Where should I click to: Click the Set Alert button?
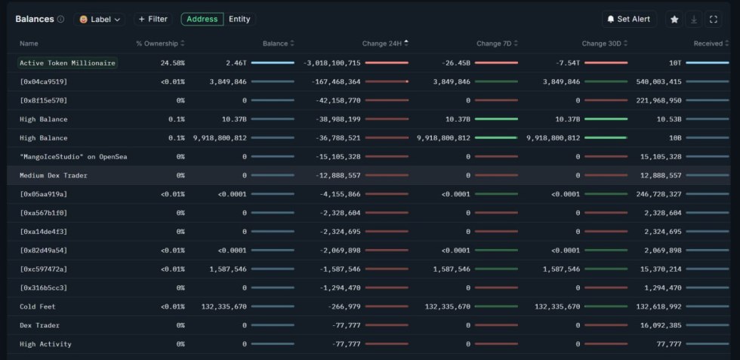[629, 19]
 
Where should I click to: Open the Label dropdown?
[100, 19]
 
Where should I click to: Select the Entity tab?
[239, 19]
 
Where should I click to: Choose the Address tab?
[202, 19]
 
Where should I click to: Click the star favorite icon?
[674, 19]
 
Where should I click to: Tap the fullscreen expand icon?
[714, 19]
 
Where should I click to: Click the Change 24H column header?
[382, 44]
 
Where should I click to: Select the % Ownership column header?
[157, 44]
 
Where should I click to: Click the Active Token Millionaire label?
[67, 63]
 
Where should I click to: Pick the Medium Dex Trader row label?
[53, 175]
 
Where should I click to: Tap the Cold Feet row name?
[38, 306]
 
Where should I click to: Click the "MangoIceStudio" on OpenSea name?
[73, 156]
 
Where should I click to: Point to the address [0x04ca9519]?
[43, 82]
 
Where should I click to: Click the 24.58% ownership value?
[172, 63]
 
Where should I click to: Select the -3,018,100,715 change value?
[331, 63]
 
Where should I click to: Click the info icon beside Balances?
[60, 19]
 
